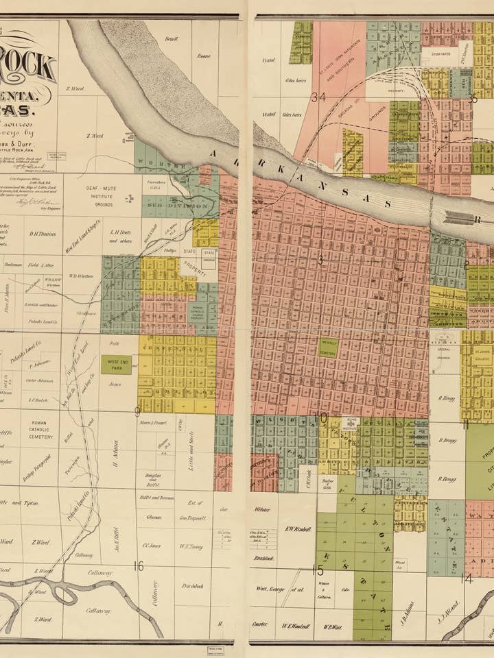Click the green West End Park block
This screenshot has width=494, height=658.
click(x=117, y=364)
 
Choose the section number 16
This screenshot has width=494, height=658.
click(x=139, y=565)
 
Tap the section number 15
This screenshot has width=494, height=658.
click(x=318, y=570)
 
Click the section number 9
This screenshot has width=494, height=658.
click(x=137, y=412)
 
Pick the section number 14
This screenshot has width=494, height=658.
click(x=467, y=578)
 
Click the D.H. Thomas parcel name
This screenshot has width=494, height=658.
click(x=43, y=233)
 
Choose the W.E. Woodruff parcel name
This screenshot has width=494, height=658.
click(x=296, y=626)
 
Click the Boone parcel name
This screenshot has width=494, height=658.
click(x=204, y=56)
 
